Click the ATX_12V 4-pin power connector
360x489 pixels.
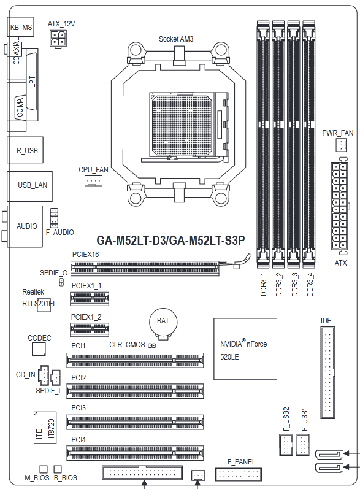58,39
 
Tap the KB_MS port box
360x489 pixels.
21,27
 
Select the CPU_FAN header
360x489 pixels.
93,180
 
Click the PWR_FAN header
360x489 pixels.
342,145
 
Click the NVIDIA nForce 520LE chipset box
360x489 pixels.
245,349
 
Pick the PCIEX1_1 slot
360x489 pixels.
90,298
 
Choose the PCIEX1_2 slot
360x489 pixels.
90,329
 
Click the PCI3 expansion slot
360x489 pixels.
135,422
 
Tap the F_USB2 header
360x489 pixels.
286,445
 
